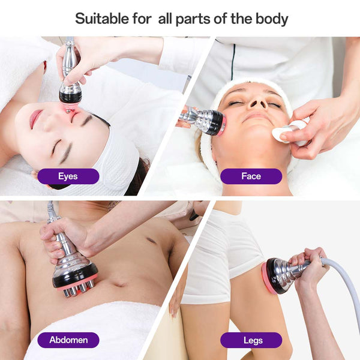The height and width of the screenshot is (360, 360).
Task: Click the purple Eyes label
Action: pos(68,176)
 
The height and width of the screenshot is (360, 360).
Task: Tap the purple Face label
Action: pos(251,176)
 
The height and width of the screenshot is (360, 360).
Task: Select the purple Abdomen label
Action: pos(68,340)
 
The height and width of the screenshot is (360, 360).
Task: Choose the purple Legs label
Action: pos(251,340)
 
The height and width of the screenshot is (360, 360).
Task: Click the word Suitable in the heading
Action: pos(101,19)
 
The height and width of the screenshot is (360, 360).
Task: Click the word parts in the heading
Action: pos(193,20)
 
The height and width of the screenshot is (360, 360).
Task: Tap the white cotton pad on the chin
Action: pos(281,133)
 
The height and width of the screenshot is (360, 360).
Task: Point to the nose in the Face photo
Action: pos(257,102)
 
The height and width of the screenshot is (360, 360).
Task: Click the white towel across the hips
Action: pos(92,331)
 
